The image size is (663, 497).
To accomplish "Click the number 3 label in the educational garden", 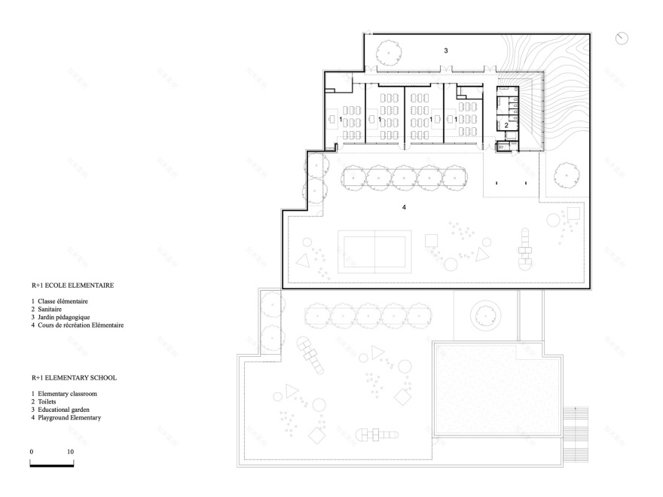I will [x=446, y=50].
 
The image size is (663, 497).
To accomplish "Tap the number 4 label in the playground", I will [x=404, y=206].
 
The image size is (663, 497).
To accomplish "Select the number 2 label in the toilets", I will [x=506, y=124].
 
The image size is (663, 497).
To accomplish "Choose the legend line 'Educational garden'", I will [x=70, y=409].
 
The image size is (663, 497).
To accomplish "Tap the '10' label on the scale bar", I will [x=70, y=451].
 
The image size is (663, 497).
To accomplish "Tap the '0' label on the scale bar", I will [x=31, y=451].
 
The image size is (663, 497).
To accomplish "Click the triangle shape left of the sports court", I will [x=304, y=261].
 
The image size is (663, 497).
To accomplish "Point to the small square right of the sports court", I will [x=431, y=241].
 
